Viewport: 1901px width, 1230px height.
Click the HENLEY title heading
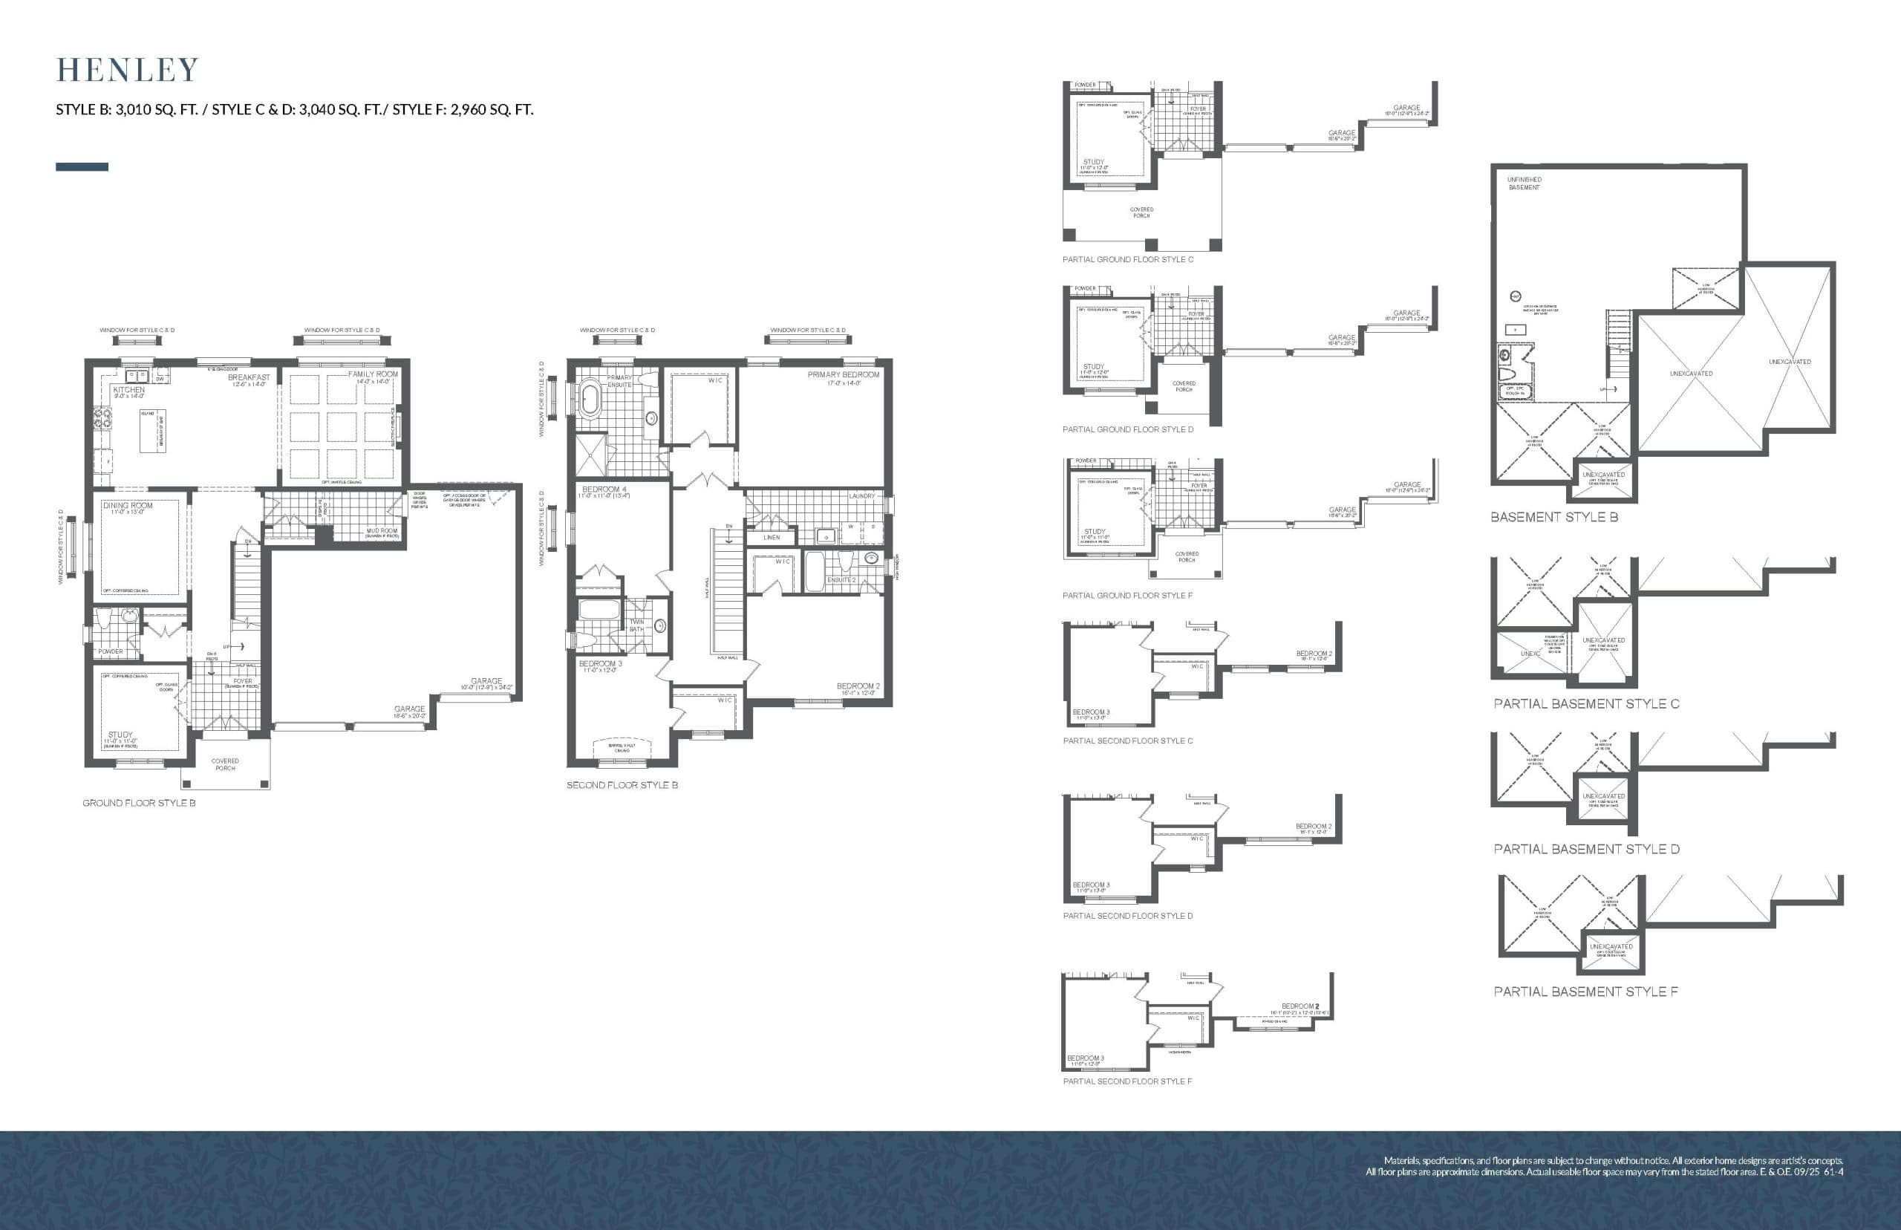127,71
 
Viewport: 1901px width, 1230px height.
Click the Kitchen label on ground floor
128,390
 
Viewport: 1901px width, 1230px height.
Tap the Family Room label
373,374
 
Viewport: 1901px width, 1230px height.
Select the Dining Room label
128,506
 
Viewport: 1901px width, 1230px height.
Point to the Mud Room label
382,530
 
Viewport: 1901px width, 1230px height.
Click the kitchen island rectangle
153,432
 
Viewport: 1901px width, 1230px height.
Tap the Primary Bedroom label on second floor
843,374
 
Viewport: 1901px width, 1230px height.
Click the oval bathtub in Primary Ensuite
590,400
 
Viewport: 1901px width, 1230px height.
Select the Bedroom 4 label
604,489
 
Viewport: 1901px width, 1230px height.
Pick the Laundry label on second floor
861,496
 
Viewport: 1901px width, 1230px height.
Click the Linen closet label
772,538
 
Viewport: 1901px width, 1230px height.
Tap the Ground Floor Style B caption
139,803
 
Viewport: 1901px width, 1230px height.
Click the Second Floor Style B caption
622,785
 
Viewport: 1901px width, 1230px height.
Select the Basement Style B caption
1553,517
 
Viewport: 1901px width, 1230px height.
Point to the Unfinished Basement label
1525,183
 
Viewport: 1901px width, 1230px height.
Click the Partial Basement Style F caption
1585,991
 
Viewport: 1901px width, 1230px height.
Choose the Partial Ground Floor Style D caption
1127,430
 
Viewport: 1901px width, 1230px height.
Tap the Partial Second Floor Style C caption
1127,741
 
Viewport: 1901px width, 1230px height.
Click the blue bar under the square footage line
82,167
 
